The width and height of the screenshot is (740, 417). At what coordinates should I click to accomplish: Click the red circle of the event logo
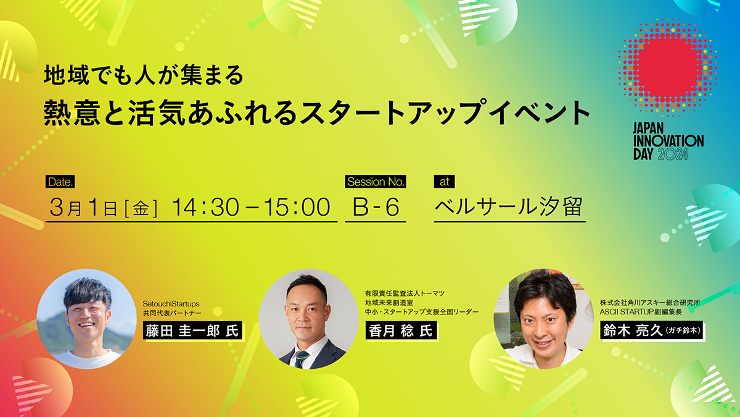(x=668, y=67)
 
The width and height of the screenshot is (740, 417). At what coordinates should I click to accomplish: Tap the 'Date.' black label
(x=60, y=182)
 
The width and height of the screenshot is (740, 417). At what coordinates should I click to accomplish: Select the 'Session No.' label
(x=376, y=182)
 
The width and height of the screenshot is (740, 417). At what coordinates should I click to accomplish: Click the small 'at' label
(x=445, y=182)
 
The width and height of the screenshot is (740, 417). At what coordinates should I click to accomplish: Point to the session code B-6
(x=376, y=207)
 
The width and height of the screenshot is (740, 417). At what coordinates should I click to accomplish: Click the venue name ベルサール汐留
(x=508, y=206)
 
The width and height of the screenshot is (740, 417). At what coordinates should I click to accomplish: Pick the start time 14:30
(x=205, y=207)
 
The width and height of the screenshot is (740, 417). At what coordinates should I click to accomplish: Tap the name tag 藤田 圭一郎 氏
(x=192, y=331)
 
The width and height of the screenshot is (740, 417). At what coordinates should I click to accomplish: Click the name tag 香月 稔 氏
(x=401, y=331)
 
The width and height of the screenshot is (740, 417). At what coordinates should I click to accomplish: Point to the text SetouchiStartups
(x=171, y=303)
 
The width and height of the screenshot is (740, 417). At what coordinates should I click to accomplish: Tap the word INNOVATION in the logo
(x=668, y=141)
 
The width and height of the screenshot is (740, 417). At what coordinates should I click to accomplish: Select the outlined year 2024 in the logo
(x=673, y=154)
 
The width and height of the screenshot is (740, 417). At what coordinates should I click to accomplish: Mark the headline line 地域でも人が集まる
(x=144, y=75)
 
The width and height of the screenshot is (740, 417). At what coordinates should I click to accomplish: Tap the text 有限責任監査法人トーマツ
(x=405, y=293)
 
